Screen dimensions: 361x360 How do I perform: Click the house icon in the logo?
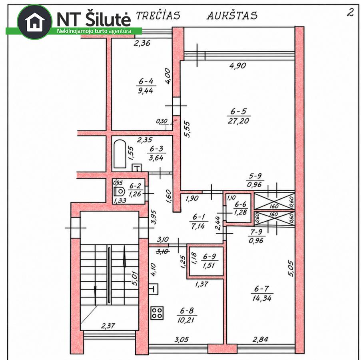click(x=35, y=22)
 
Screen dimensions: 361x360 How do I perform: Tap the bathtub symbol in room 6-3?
click(x=120, y=154)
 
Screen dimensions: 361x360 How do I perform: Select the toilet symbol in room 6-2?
click(x=119, y=191)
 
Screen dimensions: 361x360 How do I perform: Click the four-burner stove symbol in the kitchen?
click(x=157, y=313)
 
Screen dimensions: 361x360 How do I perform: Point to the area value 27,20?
click(x=239, y=120)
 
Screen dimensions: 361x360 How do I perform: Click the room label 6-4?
click(x=146, y=81)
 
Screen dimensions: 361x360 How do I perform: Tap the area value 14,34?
click(x=262, y=298)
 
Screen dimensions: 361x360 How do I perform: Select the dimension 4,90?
click(x=238, y=66)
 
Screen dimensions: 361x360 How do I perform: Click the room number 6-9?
click(x=209, y=256)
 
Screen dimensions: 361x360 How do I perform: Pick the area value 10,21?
click(x=186, y=320)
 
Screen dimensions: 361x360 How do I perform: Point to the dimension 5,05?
click(x=291, y=268)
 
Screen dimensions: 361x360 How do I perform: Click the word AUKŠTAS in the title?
click(x=232, y=16)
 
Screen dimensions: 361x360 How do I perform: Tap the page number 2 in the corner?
click(x=350, y=12)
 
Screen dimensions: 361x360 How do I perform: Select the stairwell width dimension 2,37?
click(x=108, y=326)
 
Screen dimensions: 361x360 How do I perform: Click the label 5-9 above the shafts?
click(x=255, y=176)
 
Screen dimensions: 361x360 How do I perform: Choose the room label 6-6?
click(x=241, y=204)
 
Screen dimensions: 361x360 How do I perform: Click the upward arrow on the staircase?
click(x=125, y=256)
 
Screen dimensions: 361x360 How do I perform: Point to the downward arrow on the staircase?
click(x=95, y=296)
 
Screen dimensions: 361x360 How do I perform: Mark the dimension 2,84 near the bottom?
click(x=260, y=339)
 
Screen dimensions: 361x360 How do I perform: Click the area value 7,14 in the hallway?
click(x=198, y=226)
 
